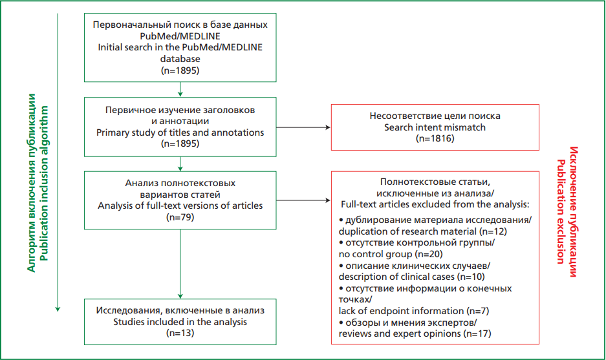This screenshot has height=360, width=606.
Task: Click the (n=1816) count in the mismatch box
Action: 435,138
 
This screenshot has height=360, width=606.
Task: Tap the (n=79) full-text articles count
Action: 180,217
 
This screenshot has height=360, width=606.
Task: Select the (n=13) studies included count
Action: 180,333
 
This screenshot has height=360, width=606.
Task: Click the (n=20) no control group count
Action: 429,254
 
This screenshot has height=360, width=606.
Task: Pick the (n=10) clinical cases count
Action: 471,277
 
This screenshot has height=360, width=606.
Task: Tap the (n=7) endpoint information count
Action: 478,311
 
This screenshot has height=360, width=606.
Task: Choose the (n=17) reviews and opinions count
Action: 477,334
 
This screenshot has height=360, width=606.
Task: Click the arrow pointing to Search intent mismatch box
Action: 303,127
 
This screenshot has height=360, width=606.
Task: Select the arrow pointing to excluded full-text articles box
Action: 303,200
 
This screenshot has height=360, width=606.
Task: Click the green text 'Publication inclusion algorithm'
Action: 45,183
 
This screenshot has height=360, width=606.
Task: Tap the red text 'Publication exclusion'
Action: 561,212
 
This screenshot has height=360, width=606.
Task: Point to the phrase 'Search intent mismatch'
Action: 435,127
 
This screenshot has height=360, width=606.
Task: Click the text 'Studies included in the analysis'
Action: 180,322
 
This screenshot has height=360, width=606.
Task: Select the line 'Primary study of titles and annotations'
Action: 180,132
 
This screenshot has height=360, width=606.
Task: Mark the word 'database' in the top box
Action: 180,59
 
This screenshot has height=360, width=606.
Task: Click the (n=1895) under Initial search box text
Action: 180,70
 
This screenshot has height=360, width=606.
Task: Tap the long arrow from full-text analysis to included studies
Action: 180,264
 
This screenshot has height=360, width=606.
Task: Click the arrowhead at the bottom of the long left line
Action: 58,309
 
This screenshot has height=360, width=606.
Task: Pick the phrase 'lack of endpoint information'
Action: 401,311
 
